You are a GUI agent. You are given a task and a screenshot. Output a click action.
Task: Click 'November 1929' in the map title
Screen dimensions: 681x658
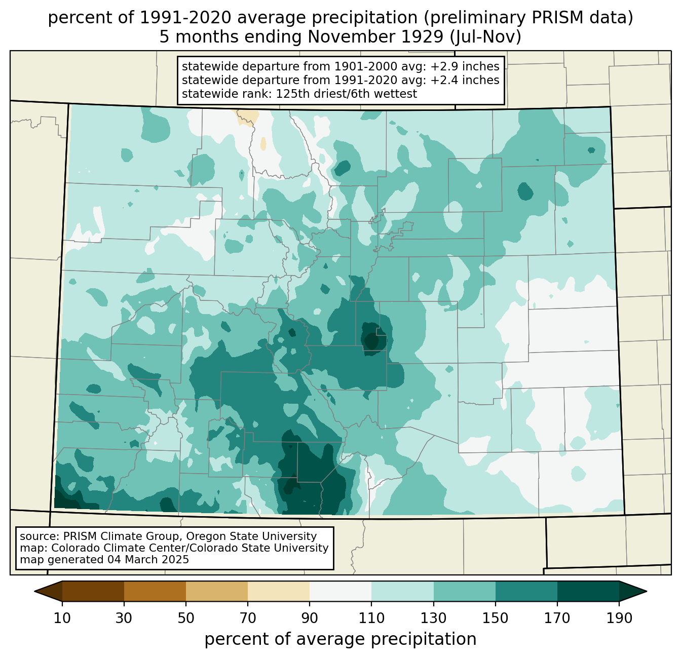tap(375, 37)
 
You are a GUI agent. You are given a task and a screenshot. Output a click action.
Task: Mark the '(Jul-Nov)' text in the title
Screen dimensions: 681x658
tap(486, 37)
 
